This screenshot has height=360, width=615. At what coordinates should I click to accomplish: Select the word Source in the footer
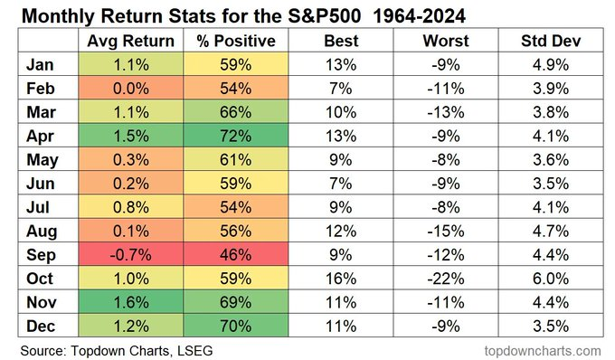coord(41,347)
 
